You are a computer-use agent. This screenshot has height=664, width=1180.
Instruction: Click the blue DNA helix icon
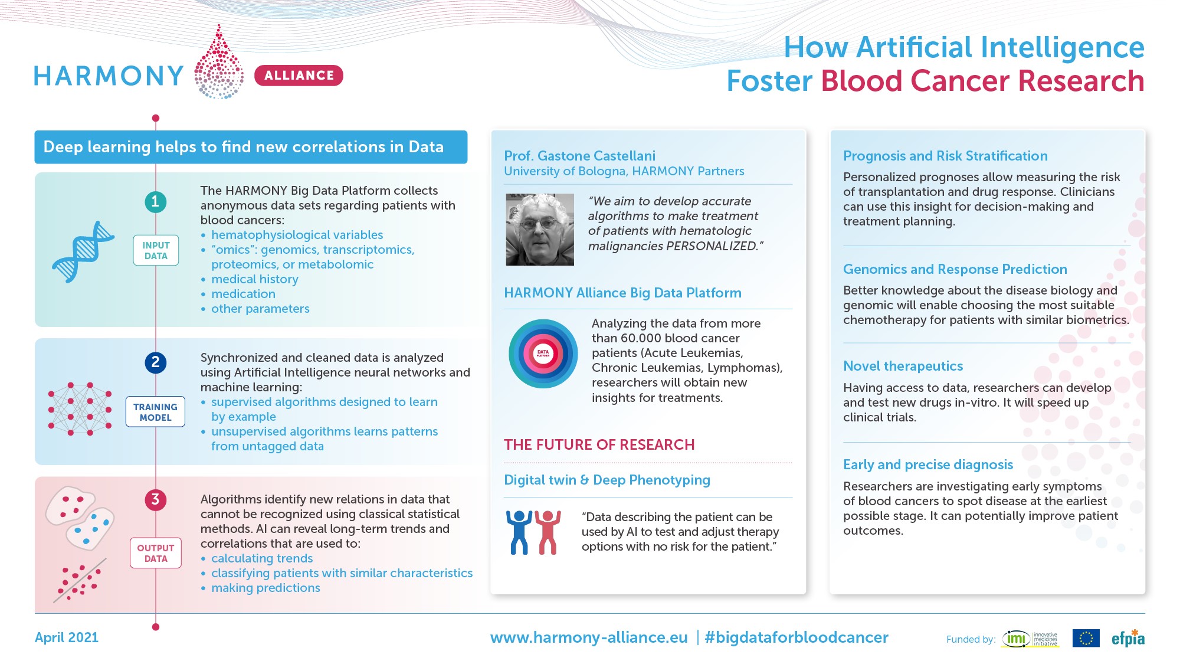tap(83, 251)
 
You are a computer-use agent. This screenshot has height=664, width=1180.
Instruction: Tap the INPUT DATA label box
tap(156, 250)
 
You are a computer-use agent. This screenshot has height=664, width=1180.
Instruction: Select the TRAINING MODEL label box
tap(155, 412)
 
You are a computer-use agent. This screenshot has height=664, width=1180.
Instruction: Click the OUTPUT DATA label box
tap(156, 553)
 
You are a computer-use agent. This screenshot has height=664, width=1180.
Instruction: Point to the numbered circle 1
tap(156, 202)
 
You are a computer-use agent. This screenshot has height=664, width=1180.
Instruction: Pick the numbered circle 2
tap(156, 362)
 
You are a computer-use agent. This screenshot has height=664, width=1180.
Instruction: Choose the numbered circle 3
tap(156, 500)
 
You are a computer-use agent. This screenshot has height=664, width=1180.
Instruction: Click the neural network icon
tap(80, 408)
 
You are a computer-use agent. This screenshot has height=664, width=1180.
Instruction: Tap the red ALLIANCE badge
tap(299, 76)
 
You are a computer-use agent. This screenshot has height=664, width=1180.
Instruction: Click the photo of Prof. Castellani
tap(540, 230)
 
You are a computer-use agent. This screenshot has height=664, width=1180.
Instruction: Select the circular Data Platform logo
tap(543, 354)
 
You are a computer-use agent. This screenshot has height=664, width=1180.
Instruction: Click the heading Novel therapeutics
tap(903, 366)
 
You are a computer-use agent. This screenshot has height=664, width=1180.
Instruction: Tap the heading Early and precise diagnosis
tap(927, 465)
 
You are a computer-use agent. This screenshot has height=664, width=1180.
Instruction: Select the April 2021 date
tap(67, 637)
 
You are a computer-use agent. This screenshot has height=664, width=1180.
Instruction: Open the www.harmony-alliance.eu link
tap(589, 637)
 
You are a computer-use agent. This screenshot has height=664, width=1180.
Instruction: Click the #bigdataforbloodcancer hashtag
tap(796, 637)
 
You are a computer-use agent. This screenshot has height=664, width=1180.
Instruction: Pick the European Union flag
tap(1086, 638)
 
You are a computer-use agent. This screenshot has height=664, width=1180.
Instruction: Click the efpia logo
tap(1128, 639)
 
